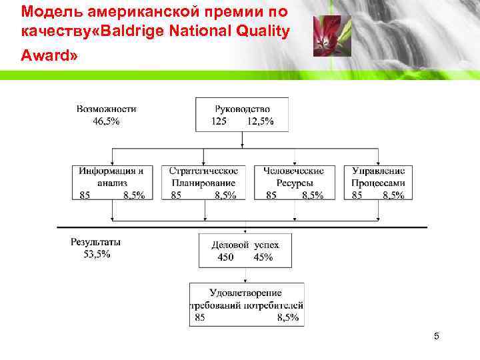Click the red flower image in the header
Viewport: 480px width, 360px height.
(327, 36)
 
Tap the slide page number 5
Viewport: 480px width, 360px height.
(436, 336)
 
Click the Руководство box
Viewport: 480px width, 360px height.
(242, 114)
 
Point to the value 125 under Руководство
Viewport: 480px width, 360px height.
(219, 121)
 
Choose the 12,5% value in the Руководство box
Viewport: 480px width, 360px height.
(260, 121)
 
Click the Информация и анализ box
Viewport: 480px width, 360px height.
(112, 182)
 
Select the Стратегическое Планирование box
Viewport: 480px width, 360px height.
(203, 182)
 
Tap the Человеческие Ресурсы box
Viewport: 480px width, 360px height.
(295, 182)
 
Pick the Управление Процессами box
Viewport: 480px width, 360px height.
(378, 182)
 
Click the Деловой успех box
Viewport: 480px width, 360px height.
(245, 250)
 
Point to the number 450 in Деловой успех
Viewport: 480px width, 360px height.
(226, 257)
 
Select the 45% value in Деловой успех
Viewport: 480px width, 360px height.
(263, 257)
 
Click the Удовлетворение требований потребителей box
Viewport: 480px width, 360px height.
(247, 304)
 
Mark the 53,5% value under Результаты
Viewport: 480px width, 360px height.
(97, 254)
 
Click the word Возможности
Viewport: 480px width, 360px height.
(107, 109)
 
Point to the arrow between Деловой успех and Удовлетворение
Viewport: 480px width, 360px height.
(246, 275)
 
